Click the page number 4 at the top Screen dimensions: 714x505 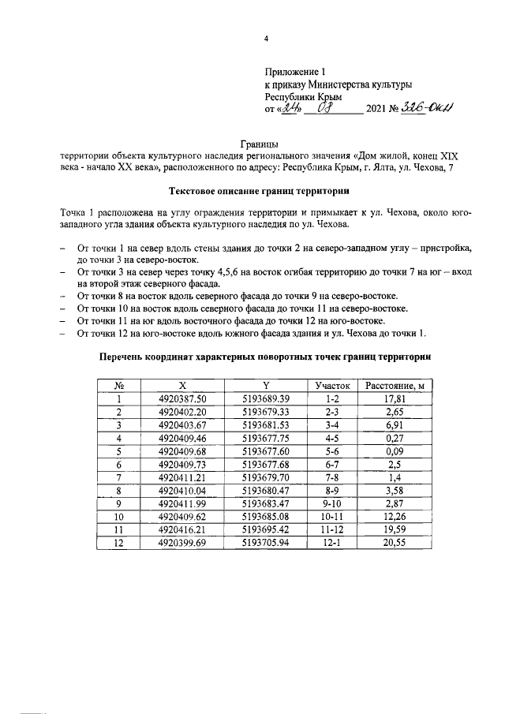pyautogui.click(x=267, y=39)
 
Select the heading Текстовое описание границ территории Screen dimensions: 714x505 pyautogui.click(x=257, y=191)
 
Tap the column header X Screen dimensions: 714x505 pyautogui.click(x=181, y=386)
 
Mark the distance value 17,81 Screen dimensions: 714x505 pyautogui.click(x=395, y=399)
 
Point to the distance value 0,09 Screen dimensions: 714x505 pyautogui.click(x=395, y=452)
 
